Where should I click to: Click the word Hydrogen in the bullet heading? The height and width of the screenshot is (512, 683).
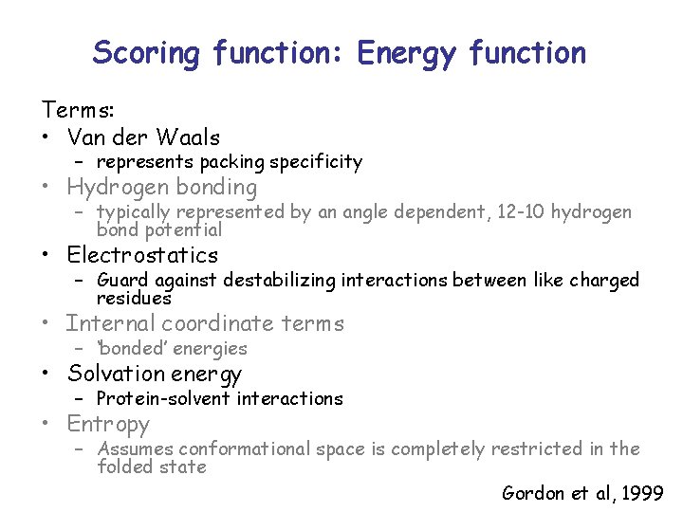(x=113, y=187)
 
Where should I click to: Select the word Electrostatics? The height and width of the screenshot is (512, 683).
(x=142, y=255)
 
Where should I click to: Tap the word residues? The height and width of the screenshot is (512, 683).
(x=134, y=298)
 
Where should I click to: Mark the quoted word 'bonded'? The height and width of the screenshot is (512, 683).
(x=137, y=348)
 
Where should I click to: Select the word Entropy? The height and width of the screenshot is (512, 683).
(x=108, y=424)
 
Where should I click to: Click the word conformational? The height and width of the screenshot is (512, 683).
(x=240, y=448)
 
